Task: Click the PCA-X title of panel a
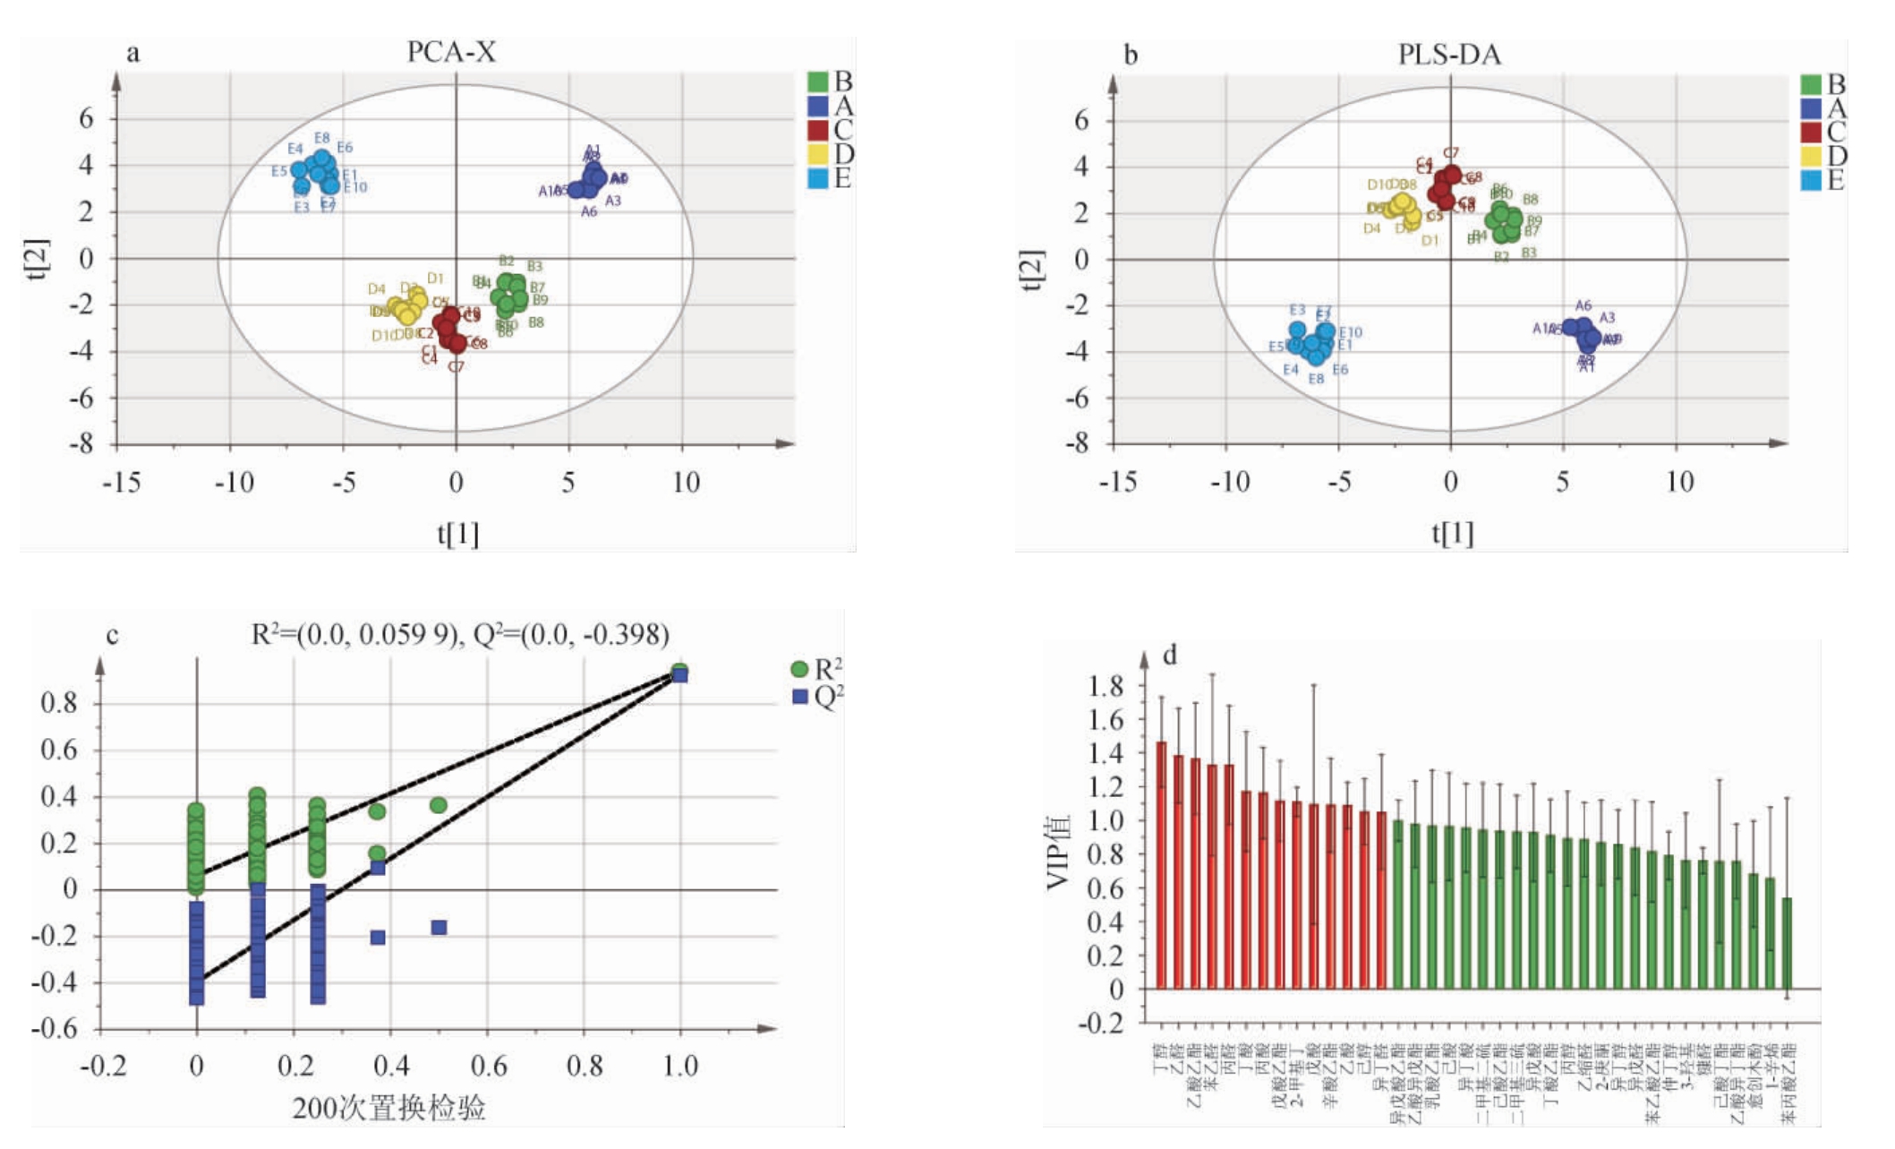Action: click(x=451, y=51)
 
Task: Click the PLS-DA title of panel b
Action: click(x=1449, y=54)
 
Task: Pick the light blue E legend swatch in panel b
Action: click(x=1812, y=180)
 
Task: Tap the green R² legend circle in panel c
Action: click(x=799, y=669)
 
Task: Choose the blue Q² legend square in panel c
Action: click(x=800, y=696)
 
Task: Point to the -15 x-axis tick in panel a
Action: click(x=121, y=483)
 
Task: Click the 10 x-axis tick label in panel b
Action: click(x=1679, y=482)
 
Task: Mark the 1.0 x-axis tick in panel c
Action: click(x=679, y=1065)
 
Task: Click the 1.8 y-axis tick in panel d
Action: click(x=1105, y=686)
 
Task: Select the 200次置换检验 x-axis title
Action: click(x=388, y=1108)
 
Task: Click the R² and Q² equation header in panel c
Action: click(x=460, y=634)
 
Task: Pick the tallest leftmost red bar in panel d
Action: click(x=1161, y=864)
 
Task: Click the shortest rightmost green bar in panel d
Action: click(x=1787, y=943)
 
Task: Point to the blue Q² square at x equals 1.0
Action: click(x=680, y=675)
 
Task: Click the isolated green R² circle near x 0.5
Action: click(x=439, y=805)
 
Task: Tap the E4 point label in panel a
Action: click(x=295, y=149)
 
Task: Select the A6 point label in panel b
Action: click(x=1583, y=305)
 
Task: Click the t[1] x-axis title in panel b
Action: click(x=1452, y=534)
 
